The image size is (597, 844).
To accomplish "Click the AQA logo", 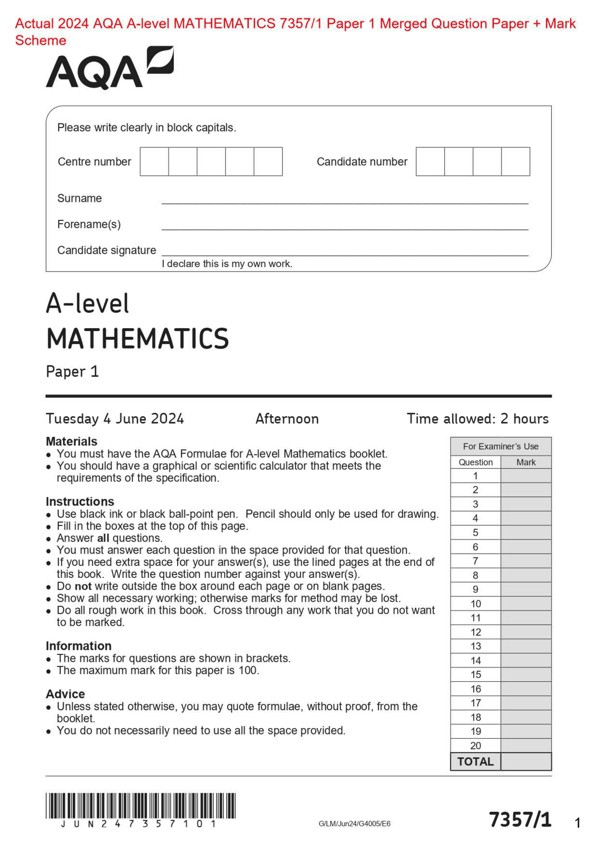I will pyautogui.click(x=109, y=69).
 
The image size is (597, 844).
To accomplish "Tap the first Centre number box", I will pyautogui.click(x=154, y=162).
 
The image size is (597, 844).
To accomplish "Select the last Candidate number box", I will pyautogui.click(x=515, y=162).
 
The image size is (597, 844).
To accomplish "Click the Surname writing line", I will pyautogui.click(x=345, y=201).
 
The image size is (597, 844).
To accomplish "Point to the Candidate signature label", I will pyautogui.click(x=106, y=250).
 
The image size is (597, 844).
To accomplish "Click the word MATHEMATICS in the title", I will pyautogui.click(x=138, y=339).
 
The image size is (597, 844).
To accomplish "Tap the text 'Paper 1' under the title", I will pyautogui.click(x=72, y=372).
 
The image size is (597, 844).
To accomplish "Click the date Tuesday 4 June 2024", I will pyautogui.click(x=115, y=419).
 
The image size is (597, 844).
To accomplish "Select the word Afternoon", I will pyautogui.click(x=287, y=419).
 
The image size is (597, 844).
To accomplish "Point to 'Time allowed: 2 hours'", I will pyautogui.click(x=477, y=419).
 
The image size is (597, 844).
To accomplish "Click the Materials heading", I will pyautogui.click(x=71, y=441).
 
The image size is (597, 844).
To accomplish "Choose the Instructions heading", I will pyautogui.click(x=80, y=501).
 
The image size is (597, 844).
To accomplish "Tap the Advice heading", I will pyautogui.click(x=65, y=694).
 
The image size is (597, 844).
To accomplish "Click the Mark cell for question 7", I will pyautogui.click(x=526, y=561).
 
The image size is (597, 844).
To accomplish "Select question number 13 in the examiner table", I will pyautogui.click(x=475, y=646).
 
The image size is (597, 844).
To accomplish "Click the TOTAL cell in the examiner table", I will pyautogui.click(x=475, y=762).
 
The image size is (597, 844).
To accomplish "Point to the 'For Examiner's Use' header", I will pyautogui.click(x=500, y=446).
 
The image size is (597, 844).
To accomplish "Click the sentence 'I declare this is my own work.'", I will pyautogui.click(x=227, y=264).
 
